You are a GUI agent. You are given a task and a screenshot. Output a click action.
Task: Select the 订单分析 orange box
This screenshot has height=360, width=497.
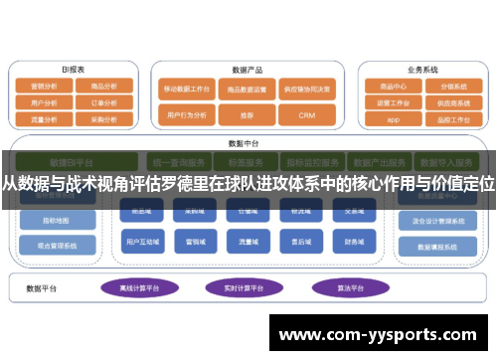(104, 101)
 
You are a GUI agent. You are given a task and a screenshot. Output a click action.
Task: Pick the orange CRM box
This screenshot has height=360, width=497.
(307, 115)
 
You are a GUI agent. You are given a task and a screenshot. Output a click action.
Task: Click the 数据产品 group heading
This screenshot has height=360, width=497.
(246, 71)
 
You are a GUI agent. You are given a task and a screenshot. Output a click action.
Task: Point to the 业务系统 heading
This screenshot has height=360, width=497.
(422, 71)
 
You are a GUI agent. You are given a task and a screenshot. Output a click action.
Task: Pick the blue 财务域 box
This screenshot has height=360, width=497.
(354, 241)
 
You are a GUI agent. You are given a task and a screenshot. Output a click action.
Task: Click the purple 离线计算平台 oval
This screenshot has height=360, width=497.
(139, 288)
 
